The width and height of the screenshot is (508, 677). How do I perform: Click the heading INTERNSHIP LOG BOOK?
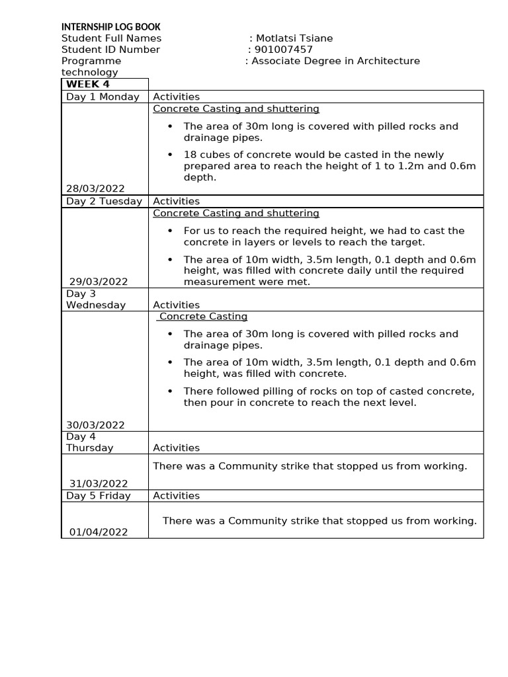pos(110,27)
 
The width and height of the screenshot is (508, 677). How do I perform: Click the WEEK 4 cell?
pos(88,84)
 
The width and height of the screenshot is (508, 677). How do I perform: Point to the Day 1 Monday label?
pos(103,97)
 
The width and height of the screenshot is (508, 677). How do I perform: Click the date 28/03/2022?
pos(95,189)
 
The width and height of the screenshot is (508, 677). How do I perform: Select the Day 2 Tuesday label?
pos(104,201)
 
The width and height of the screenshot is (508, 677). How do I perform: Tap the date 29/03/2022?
pos(99,282)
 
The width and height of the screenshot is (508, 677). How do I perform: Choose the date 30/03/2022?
pos(95,425)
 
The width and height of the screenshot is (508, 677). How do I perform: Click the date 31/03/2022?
pos(99,484)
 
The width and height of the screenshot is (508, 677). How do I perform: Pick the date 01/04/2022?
pos(99,532)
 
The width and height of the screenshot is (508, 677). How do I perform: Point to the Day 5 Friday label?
pos(99,496)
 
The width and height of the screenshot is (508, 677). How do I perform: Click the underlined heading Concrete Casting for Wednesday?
pos(203,317)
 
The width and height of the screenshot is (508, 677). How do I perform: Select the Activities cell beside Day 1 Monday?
pos(177,97)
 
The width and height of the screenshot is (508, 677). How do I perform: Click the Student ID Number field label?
pos(110,50)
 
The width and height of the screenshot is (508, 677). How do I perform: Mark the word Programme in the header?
pos(91,61)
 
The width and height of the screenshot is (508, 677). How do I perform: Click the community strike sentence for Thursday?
pos(310,466)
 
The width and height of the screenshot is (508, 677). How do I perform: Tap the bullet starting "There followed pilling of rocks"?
pos(329,397)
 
